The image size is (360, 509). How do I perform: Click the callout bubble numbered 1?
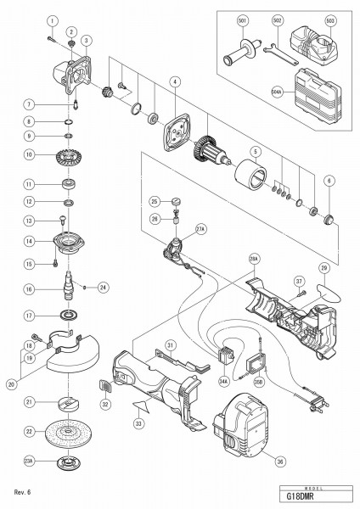point(53,20)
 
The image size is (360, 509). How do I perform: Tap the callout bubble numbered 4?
point(173,82)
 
